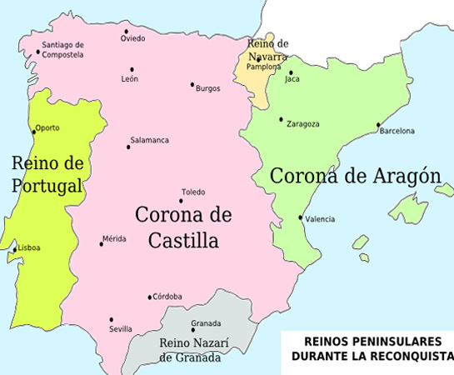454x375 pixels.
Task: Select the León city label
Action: click(x=130, y=79)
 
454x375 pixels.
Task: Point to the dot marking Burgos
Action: click(x=192, y=84)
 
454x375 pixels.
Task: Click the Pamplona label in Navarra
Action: click(x=262, y=66)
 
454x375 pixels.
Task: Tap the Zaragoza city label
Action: click(x=302, y=124)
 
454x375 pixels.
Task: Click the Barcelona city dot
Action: click(x=378, y=127)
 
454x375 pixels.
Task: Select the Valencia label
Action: click(x=320, y=219)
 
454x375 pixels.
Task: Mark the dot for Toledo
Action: click(x=182, y=202)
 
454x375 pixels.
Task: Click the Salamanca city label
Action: click(x=149, y=140)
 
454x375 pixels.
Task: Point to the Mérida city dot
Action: click(x=102, y=243)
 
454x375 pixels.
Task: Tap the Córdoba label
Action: click(x=167, y=297)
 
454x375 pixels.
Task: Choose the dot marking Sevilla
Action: click(x=111, y=319)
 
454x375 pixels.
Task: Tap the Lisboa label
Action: click(x=28, y=248)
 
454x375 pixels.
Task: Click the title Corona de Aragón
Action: click(x=355, y=176)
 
